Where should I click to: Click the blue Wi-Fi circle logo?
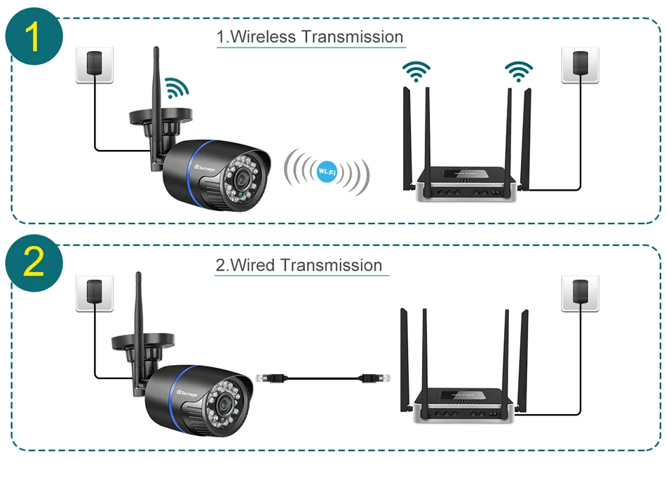pos(326,171)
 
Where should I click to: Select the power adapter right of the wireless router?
pos(580,64)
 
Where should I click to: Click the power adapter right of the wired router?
pos(580,292)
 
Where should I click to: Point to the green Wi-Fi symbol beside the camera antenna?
pos(176,87)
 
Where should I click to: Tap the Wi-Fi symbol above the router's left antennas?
pos(416,71)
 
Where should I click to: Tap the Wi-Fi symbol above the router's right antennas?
pos(519,70)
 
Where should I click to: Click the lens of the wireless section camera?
pos(242,178)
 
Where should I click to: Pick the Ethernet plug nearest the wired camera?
pos(268,378)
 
